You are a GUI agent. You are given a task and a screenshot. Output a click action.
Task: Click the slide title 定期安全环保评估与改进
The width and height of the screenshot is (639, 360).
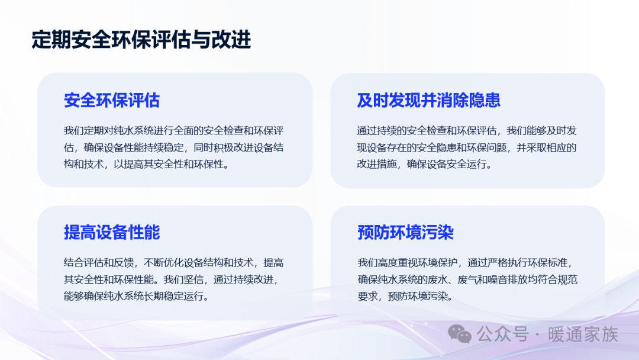(141, 40)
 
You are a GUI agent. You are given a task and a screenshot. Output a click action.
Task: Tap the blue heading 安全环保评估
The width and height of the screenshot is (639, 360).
(112, 100)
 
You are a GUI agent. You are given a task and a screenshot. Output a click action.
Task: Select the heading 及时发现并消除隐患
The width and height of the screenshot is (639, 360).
(428, 100)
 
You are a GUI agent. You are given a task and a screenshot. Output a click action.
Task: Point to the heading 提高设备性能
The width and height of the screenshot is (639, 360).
(112, 232)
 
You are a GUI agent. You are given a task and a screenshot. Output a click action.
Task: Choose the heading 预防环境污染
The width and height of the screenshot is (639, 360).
(405, 232)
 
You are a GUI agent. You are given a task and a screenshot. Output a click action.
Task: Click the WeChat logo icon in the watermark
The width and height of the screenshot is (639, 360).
(460, 335)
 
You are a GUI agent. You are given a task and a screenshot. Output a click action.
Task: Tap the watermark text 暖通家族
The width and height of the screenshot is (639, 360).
(583, 335)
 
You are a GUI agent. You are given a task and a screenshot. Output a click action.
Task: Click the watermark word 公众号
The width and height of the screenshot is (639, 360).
(502, 335)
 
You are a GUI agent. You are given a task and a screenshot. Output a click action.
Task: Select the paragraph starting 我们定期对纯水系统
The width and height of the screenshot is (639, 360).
(173, 147)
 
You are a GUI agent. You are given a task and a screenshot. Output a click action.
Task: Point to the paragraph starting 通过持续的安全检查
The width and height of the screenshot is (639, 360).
(467, 147)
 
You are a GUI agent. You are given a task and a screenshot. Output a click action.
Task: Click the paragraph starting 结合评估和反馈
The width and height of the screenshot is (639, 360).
(173, 279)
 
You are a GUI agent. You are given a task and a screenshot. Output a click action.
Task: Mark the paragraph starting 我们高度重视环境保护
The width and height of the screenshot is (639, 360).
(467, 279)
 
